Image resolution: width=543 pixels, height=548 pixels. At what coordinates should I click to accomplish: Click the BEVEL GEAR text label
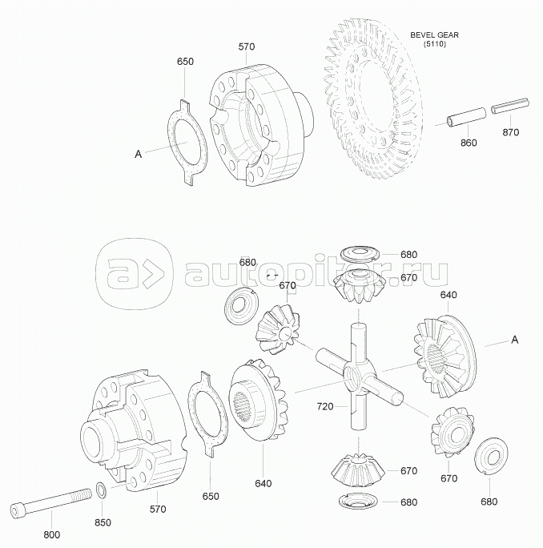click(x=434, y=35)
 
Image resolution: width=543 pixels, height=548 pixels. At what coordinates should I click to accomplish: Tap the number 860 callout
click(x=469, y=143)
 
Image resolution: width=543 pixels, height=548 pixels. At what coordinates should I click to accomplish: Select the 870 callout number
click(x=510, y=132)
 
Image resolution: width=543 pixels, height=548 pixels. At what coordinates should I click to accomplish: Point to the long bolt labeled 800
click(x=51, y=502)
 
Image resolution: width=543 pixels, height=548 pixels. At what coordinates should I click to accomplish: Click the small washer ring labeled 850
click(x=102, y=488)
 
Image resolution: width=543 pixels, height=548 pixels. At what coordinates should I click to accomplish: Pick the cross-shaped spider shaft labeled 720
click(x=360, y=376)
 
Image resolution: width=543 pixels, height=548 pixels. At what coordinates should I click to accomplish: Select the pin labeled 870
click(x=510, y=105)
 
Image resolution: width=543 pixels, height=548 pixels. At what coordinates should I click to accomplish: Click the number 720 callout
click(x=325, y=406)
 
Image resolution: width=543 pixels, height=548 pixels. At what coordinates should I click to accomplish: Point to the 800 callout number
click(x=51, y=534)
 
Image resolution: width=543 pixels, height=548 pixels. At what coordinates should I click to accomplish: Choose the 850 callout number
click(x=103, y=522)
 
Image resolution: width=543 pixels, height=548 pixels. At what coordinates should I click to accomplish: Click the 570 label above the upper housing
click(x=247, y=46)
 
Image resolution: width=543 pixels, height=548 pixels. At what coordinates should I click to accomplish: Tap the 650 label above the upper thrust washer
click(x=185, y=62)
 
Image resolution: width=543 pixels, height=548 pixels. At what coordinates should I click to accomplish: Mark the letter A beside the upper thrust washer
click(x=139, y=154)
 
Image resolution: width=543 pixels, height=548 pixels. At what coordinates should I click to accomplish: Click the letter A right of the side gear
click(x=515, y=340)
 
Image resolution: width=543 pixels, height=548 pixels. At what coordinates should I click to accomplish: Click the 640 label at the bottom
click(x=263, y=483)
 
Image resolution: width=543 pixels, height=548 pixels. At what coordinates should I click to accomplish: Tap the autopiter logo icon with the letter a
click(x=135, y=274)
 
